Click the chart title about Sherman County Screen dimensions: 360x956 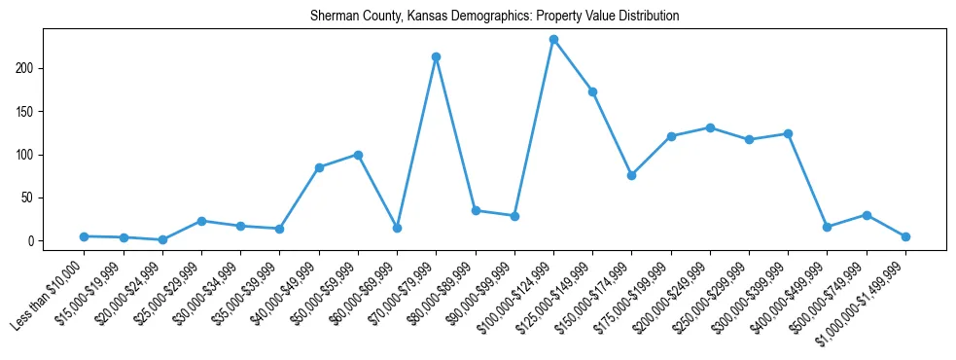click(x=494, y=17)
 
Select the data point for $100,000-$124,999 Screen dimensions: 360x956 click(x=553, y=40)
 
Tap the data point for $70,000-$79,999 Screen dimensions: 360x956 click(x=436, y=56)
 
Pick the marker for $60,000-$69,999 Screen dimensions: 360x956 click(x=397, y=228)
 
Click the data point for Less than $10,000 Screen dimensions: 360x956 click(x=84, y=236)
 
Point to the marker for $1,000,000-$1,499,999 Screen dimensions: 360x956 click(x=905, y=236)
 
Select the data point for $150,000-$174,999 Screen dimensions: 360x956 click(x=631, y=175)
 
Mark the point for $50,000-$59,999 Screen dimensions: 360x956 click(x=358, y=155)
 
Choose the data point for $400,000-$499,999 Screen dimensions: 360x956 click(x=827, y=227)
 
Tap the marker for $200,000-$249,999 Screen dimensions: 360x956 click(x=710, y=127)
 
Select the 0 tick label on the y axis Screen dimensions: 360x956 click(x=32, y=241)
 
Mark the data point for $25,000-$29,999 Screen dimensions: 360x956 click(x=201, y=221)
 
